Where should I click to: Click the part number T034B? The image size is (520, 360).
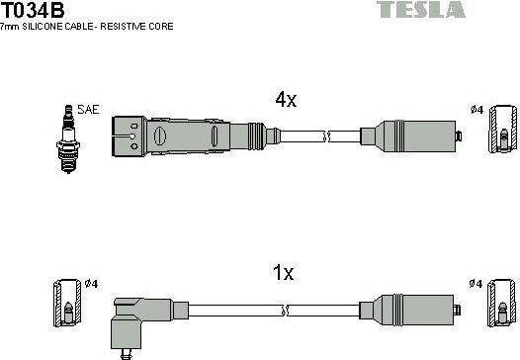pos(34,10)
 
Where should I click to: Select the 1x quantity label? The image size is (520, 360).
pos(284,274)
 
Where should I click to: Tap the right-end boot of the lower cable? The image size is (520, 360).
pos(411,309)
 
